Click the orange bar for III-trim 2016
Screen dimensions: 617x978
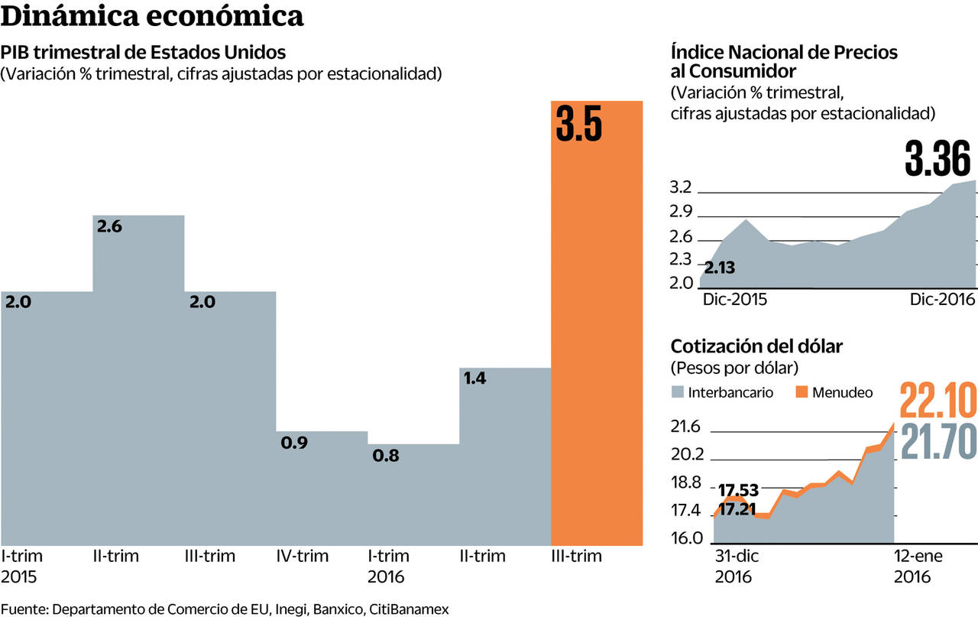597,344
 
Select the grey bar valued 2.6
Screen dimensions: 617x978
138,382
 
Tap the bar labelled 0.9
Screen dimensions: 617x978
321,489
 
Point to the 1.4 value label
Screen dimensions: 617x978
475,378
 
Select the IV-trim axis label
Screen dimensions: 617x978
303,556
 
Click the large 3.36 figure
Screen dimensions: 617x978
938,158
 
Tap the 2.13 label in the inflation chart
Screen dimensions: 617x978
721,268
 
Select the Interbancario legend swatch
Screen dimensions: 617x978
678,392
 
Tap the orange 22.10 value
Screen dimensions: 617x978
938,401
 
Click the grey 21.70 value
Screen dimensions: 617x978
939,441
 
